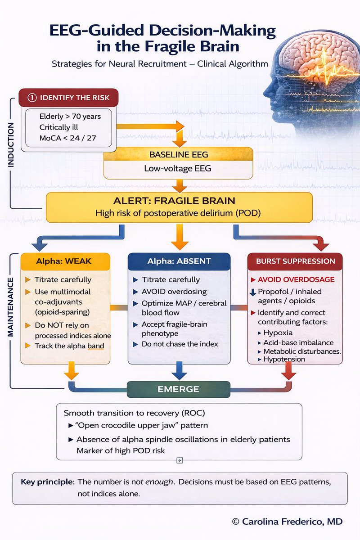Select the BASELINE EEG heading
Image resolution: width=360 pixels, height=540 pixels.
179,154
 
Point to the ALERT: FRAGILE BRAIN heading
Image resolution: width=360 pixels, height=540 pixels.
179,201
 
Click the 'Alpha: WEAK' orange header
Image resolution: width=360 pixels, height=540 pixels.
66,261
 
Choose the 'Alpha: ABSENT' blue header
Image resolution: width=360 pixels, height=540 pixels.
179,261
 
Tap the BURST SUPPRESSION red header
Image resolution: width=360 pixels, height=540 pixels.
295,261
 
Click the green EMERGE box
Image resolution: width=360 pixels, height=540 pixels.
178,389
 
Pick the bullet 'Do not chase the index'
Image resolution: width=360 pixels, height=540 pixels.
180,344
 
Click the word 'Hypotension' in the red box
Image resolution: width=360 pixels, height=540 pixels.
284,359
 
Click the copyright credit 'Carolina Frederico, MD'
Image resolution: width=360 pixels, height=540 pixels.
292,522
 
